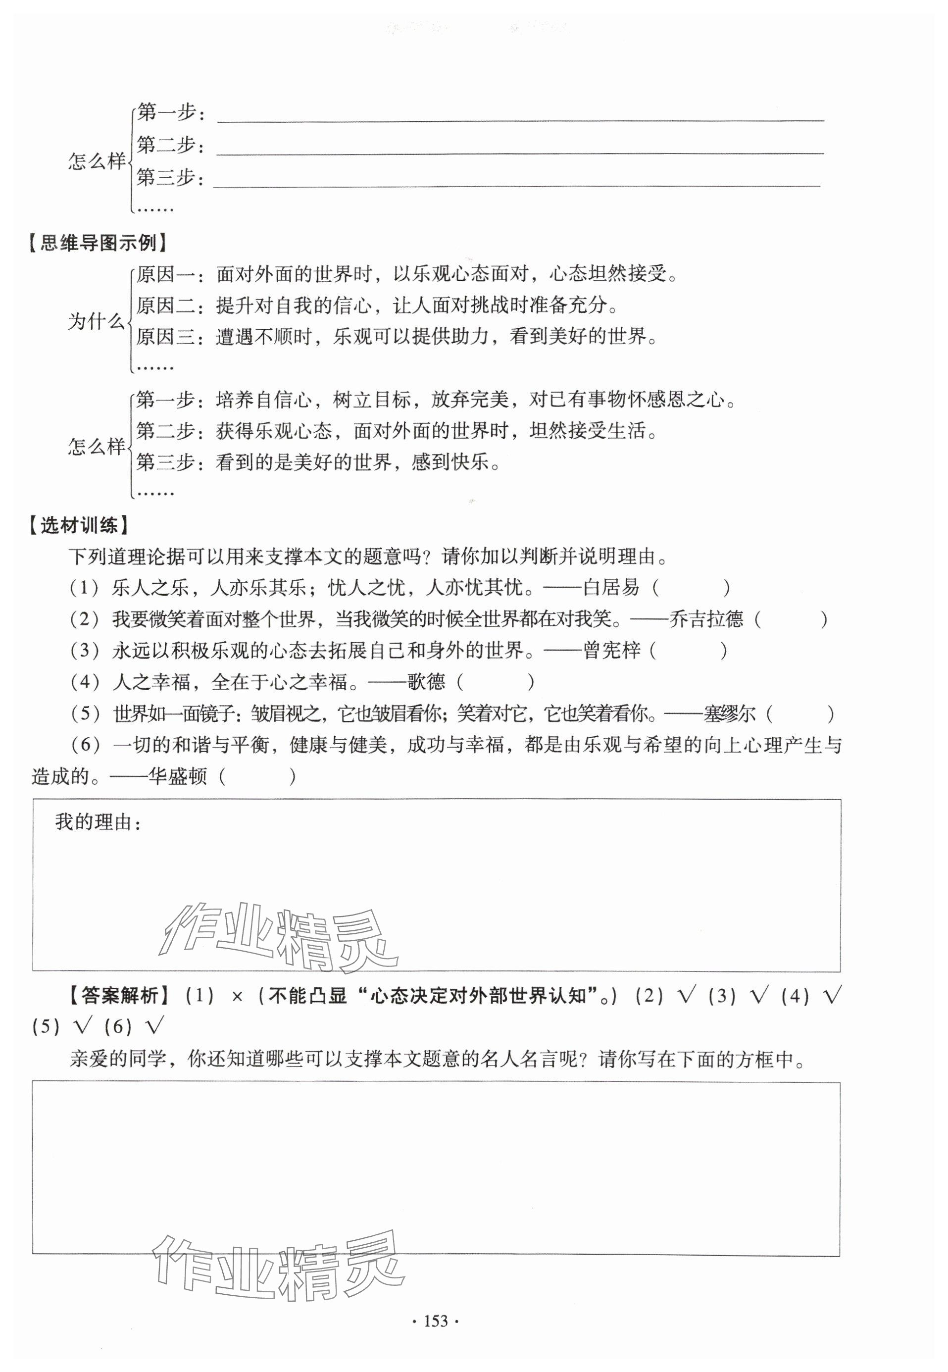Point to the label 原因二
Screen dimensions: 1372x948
tap(165, 305)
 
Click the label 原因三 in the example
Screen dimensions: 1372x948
tap(165, 337)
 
